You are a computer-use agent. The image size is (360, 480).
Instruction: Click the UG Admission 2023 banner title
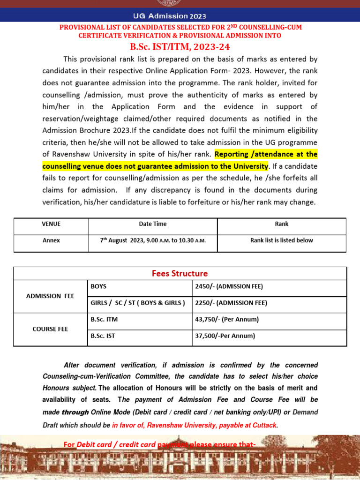[x=180, y=16]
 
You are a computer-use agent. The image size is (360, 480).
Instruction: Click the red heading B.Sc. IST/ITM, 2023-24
[x=180, y=47]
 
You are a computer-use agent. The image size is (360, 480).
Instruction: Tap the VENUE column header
[x=51, y=224]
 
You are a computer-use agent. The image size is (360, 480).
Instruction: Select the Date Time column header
[x=153, y=224]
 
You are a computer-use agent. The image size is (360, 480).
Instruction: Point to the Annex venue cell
[x=51, y=240]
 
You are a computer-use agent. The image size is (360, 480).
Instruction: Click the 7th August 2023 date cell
[x=153, y=240]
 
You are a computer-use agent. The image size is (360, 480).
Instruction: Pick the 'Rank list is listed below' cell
[x=282, y=240]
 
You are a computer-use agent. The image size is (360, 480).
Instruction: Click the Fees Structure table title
[x=180, y=273]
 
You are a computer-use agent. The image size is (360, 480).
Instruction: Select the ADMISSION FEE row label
[x=50, y=296]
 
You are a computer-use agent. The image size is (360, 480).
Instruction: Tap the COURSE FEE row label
[x=50, y=329]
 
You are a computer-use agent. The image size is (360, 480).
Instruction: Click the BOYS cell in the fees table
[x=99, y=286]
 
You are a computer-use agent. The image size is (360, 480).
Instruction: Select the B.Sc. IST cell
[x=103, y=336]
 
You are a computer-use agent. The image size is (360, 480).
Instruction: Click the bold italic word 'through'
[x=75, y=412]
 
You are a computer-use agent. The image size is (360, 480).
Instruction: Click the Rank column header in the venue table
[x=282, y=224]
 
